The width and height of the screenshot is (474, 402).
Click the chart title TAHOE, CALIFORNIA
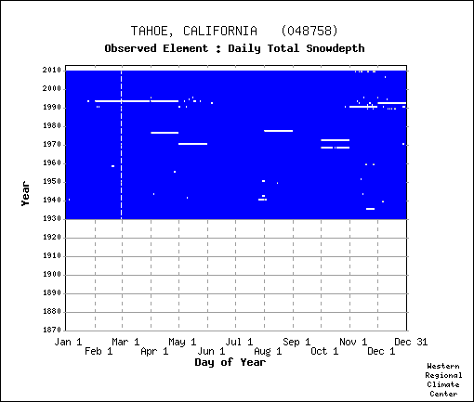click(194, 32)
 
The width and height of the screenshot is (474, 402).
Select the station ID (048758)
click(309, 31)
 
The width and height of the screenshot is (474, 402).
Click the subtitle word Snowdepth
click(336, 48)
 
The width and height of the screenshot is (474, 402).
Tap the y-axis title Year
click(25, 194)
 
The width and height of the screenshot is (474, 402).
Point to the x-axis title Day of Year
click(230, 362)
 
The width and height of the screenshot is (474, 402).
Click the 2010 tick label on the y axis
click(52, 71)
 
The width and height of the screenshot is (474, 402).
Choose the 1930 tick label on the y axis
click(52, 219)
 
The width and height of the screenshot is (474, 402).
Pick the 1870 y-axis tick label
click(52, 330)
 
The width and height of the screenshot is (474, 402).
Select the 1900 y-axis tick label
click(52, 275)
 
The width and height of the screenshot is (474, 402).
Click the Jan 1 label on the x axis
click(68, 342)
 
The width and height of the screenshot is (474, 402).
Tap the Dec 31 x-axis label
click(411, 342)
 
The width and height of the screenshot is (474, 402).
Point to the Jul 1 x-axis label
click(239, 342)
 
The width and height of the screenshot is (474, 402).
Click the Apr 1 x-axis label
click(154, 351)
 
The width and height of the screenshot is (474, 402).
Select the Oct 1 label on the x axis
click(324, 351)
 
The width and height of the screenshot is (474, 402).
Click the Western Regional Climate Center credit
click(443, 380)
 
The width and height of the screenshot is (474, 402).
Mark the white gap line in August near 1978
click(279, 131)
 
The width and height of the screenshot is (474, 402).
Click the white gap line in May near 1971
click(192, 144)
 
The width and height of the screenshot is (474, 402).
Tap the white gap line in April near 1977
click(165, 133)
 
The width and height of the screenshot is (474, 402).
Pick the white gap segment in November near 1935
click(370, 209)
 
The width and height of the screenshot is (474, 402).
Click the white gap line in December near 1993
click(392, 103)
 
